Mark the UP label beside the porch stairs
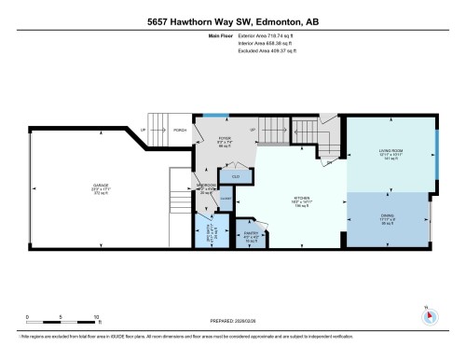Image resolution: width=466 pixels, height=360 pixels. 142,130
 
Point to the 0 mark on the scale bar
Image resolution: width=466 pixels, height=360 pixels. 28,317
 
